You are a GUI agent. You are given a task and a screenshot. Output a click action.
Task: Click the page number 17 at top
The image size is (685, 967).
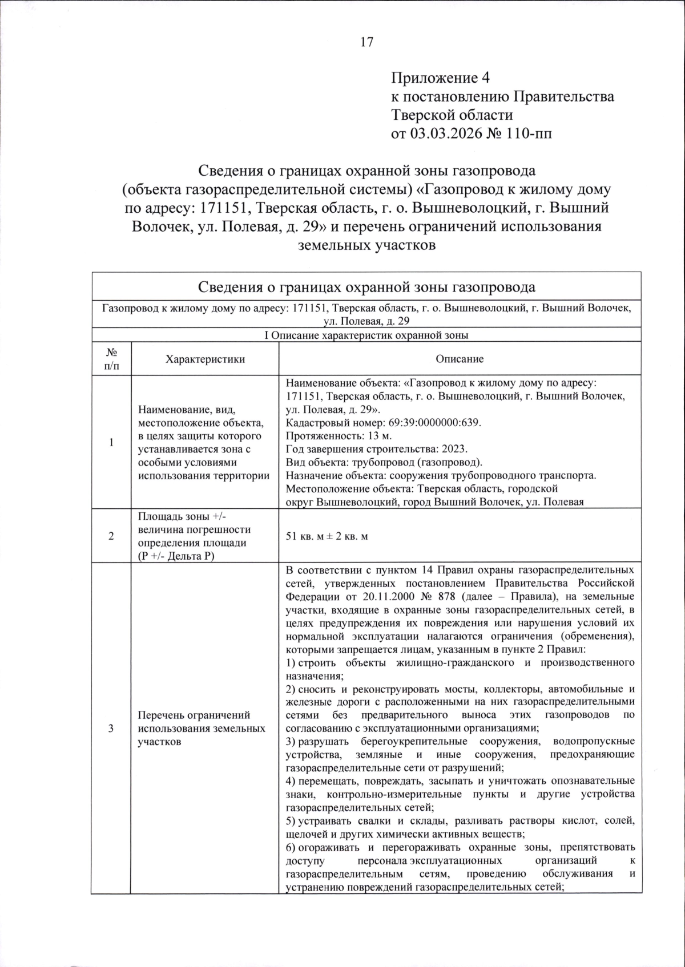[x=366, y=42]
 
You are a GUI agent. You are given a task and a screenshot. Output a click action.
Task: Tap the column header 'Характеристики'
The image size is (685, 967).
[x=205, y=359]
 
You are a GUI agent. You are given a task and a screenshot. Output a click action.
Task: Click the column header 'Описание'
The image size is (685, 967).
[x=460, y=359]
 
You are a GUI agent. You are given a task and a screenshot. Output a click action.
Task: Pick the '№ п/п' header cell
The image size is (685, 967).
[x=111, y=359]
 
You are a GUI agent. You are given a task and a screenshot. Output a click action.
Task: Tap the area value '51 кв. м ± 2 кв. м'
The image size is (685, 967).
[x=327, y=536]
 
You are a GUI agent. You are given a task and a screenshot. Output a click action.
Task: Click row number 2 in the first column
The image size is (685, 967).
[x=111, y=536]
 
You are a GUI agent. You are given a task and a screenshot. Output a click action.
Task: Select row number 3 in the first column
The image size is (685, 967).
[x=111, y=729]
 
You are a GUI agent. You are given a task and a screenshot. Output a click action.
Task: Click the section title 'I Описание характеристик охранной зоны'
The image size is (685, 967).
[x=366, y=335]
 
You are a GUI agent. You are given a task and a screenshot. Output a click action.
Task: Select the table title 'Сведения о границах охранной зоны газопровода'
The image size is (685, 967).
[x=366, y=286]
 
